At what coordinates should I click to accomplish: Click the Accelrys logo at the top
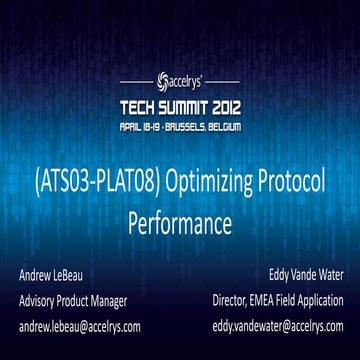[x=180, y=77]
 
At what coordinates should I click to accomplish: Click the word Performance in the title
[x=180, y=221]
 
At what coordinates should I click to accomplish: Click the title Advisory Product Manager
[x=77, y=300]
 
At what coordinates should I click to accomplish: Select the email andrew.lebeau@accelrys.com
[x=79, y=326]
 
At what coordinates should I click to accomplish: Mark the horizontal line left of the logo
[x=135, y=77]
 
